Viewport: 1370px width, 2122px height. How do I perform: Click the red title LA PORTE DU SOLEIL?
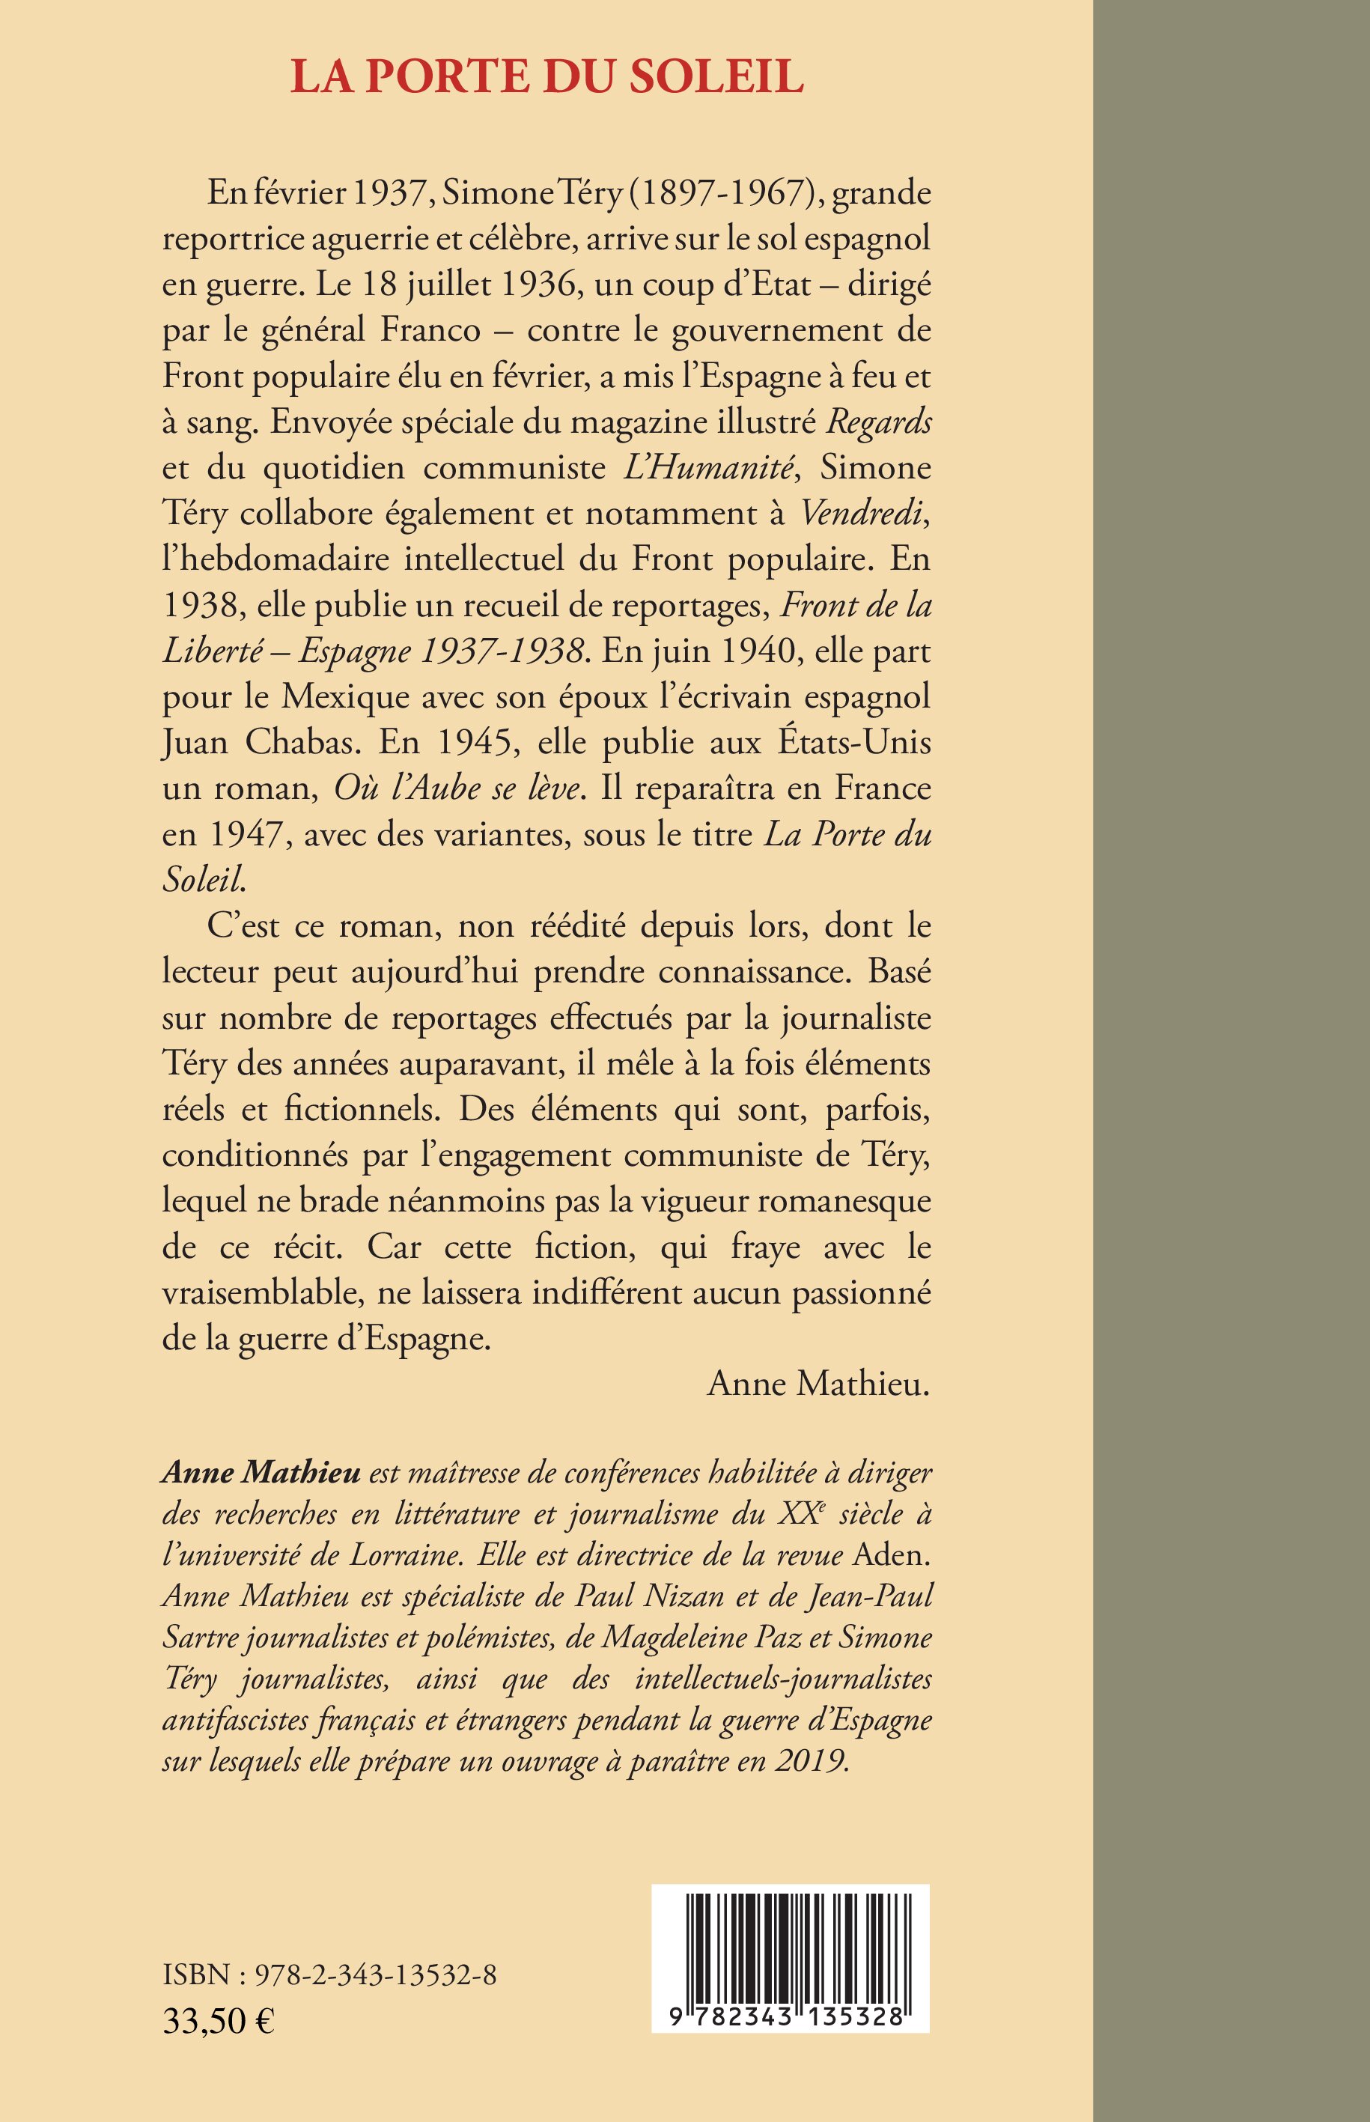coord(547,77)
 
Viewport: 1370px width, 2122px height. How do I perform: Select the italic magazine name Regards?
coord(879,422)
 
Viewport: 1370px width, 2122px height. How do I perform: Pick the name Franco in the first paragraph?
coord(430,330)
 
